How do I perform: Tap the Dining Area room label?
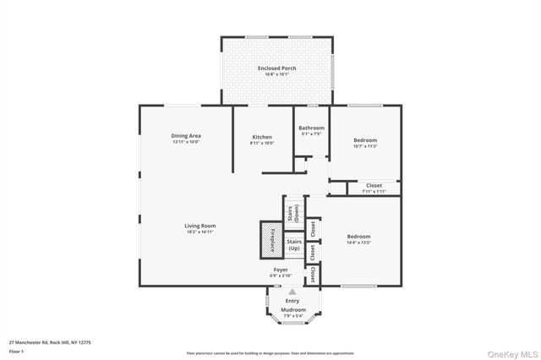(185, 135)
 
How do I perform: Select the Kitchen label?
(262, 137)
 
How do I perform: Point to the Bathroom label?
(311, 128)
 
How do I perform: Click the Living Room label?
(201, 226)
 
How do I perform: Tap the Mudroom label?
(293, 310)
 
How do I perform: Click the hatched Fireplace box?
(269, 239)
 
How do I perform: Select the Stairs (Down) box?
(293, 213)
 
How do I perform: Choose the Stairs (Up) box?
(293, 244)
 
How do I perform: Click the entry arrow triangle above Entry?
(293, 292)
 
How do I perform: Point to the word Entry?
(292, 301)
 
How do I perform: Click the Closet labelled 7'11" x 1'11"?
(373, 186)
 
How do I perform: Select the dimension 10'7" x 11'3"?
(365, 146)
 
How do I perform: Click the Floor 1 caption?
(16, 350)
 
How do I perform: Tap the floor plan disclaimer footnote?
(270, 353)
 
